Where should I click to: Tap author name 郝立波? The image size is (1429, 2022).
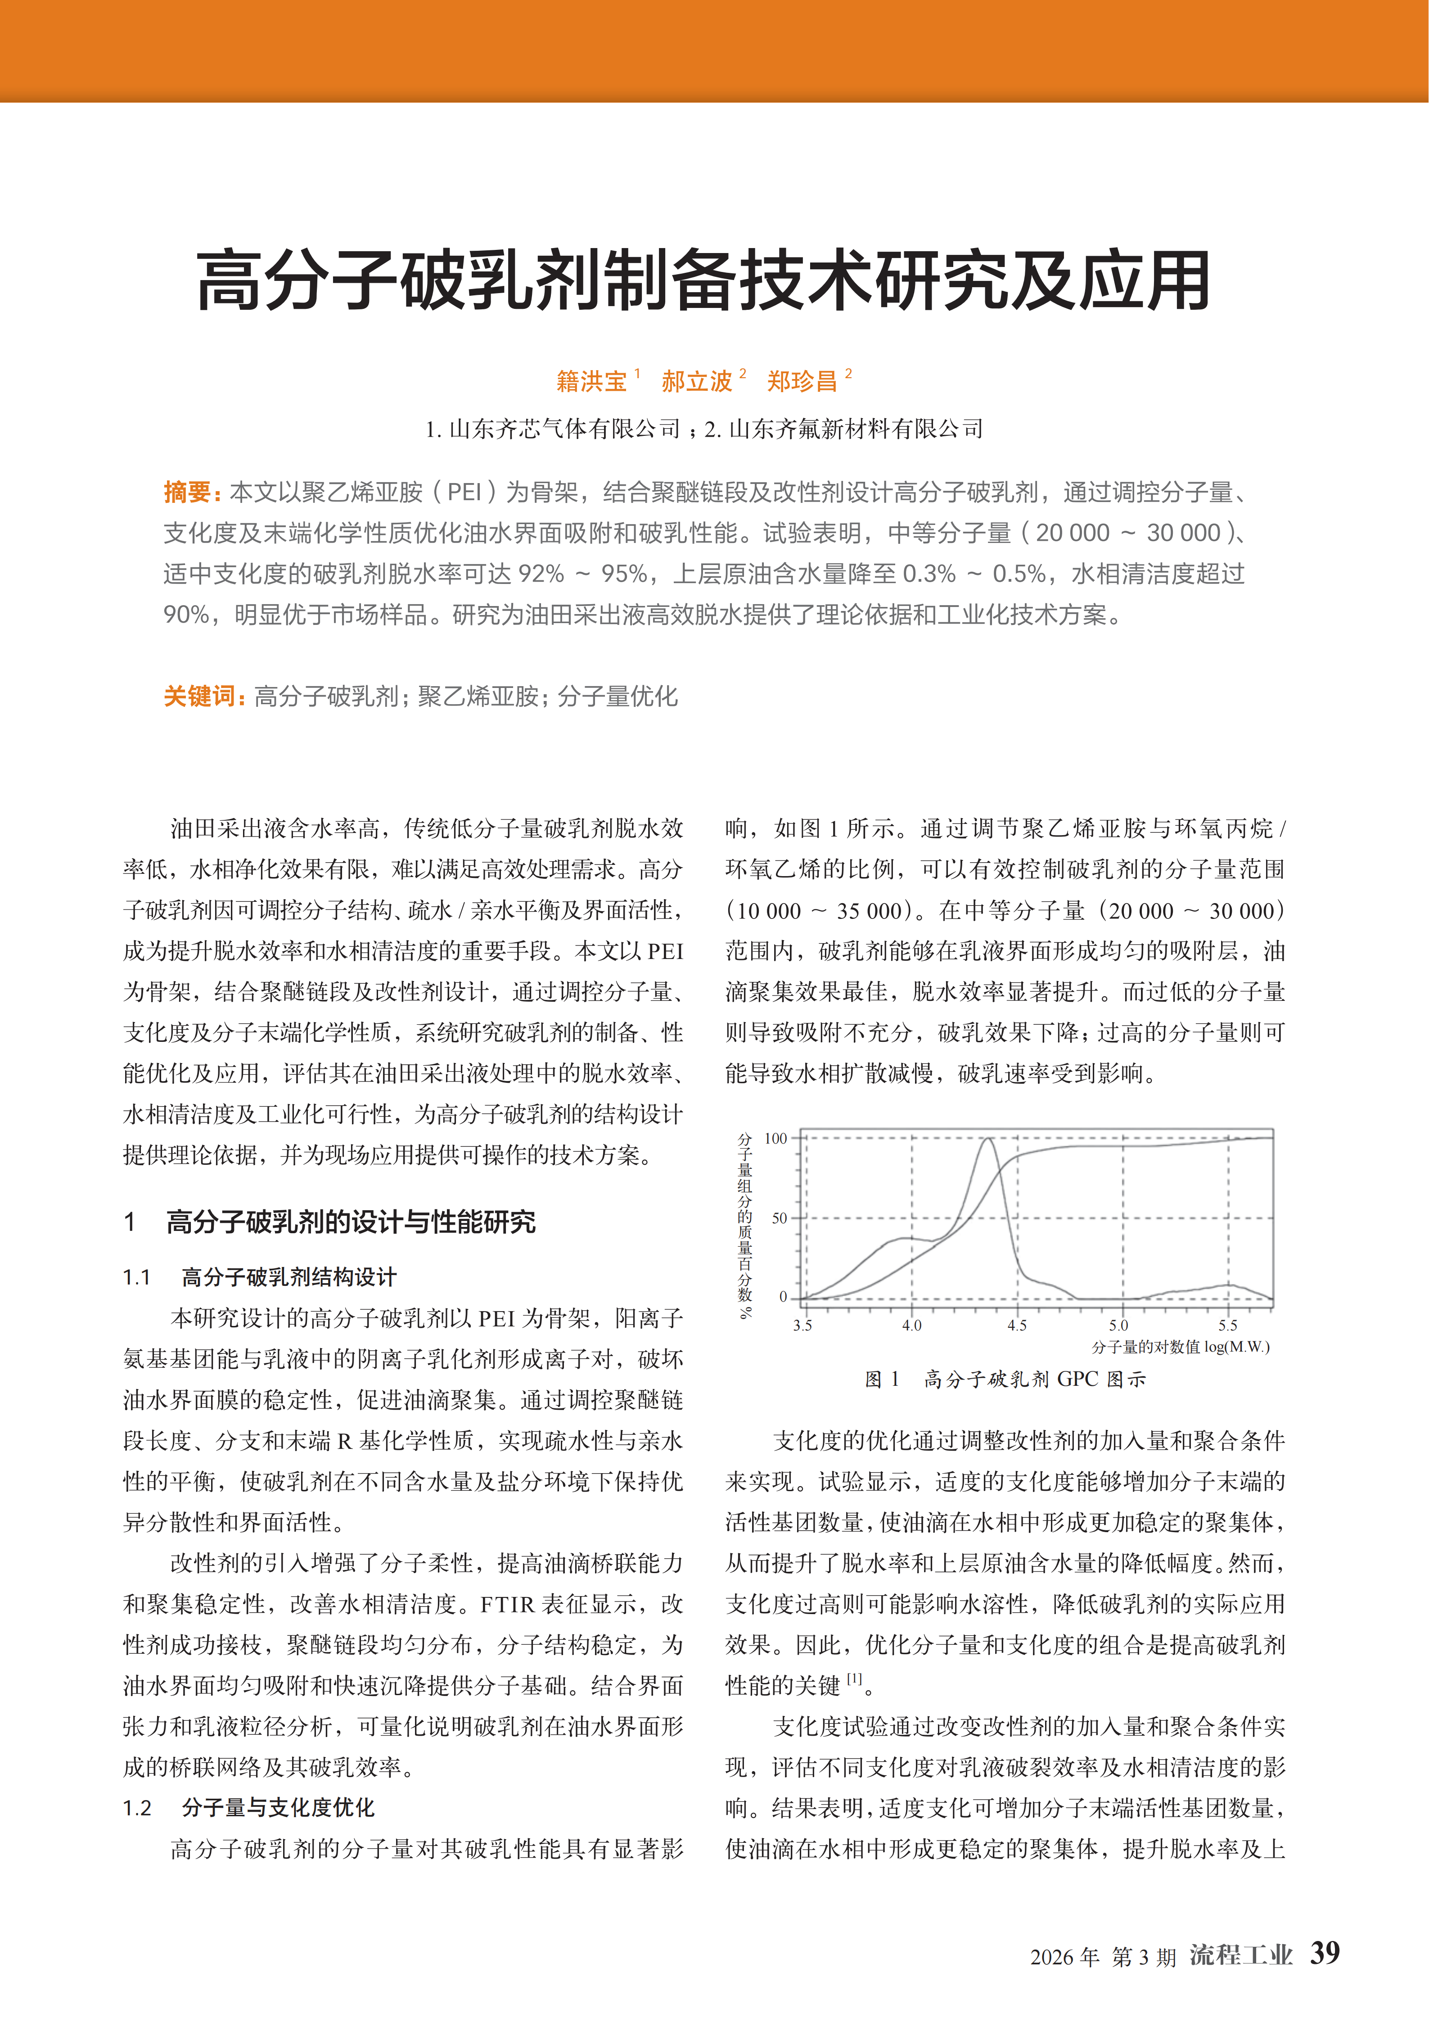pos(696,381)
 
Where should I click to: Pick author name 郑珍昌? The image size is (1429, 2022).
pos(801,381)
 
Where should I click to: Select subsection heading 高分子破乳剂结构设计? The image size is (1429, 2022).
pos(289,1277)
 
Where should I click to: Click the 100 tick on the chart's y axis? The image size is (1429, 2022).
pos(775,1139)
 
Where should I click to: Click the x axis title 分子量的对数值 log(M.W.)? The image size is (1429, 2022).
pos(1180,1347)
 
